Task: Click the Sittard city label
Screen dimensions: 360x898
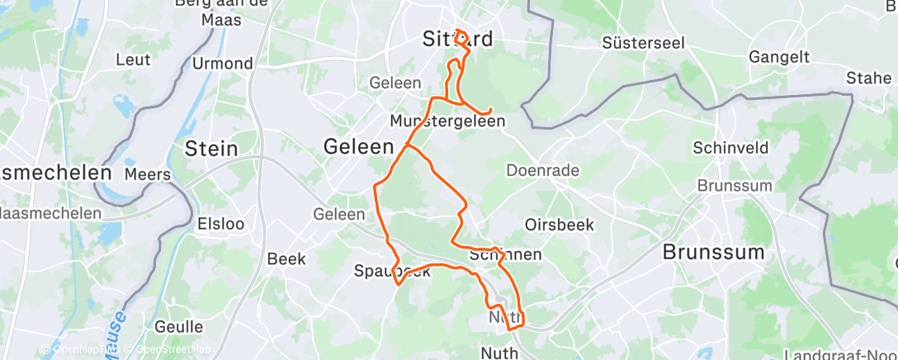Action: pyautogui.click(x=457, y=39)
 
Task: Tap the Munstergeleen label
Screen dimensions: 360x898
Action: pyautogui.click(x=447, y=121)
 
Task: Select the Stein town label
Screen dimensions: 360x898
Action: pyautogui.click(x=211, y=149)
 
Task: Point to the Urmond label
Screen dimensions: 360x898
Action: pyautogui.click(x=222, y=64)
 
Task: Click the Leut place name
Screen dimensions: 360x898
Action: pyautogui.click(x=134, y=59)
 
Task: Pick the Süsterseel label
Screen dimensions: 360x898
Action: pyautogui.click(x=644, y=42)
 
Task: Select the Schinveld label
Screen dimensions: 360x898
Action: pyautogui.click(x=730, y=148)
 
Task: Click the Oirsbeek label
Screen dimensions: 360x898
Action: pyautogui.click(x=559, y=225)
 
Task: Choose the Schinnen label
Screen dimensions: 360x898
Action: pyautogui.click(x=505, y=254)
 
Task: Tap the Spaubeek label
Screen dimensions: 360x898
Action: pyautogui.click(x=392, y=271)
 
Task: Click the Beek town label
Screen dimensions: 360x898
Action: pyautogui.click(x=286, y=258)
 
